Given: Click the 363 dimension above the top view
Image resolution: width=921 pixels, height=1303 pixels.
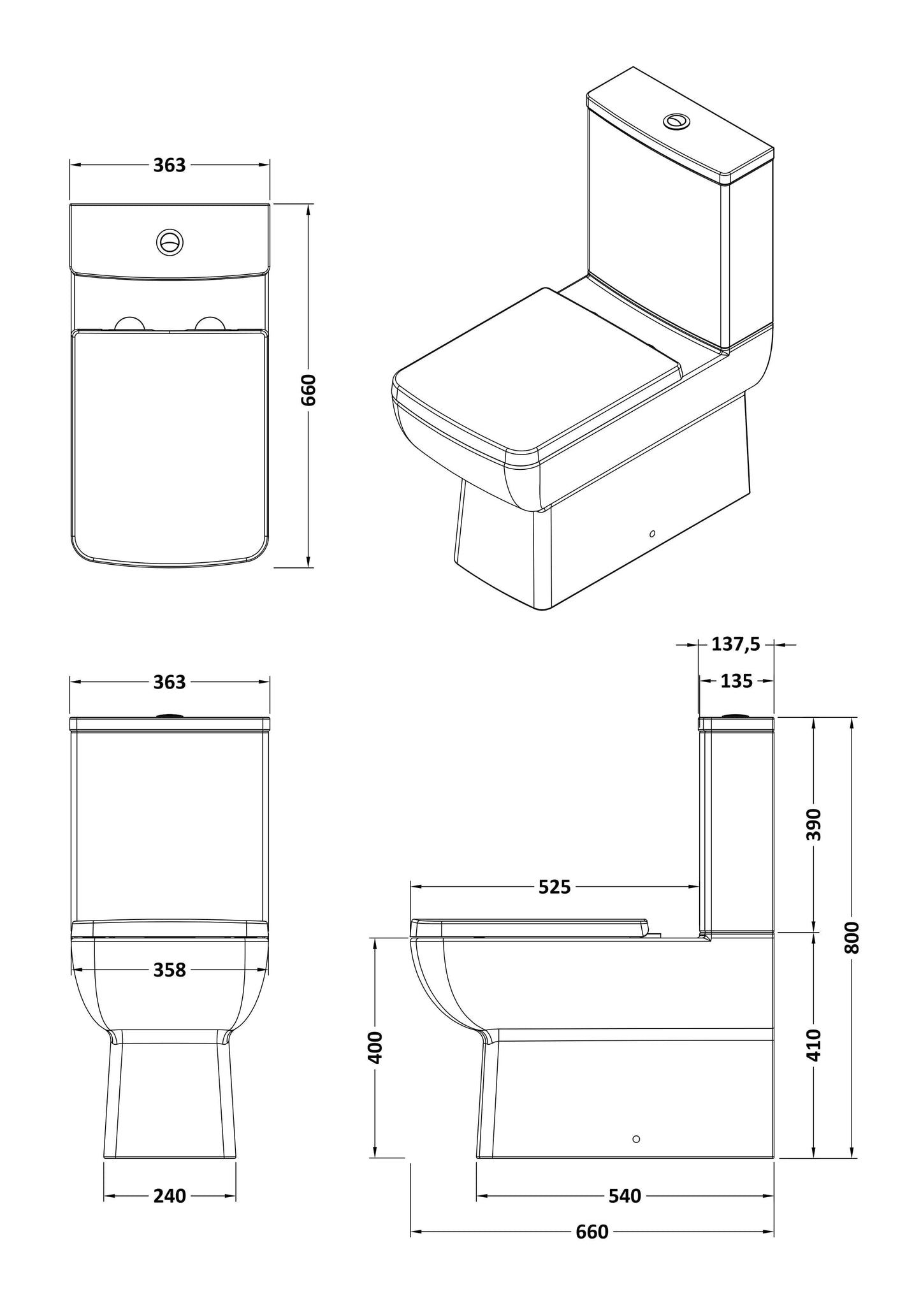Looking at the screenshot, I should pos(170,165).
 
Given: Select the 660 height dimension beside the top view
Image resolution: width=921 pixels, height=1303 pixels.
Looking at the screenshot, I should pos(308,390).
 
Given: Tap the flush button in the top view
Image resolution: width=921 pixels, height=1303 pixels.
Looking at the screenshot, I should pos(170,242).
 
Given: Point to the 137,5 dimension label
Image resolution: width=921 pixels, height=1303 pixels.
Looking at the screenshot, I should pos(736,644).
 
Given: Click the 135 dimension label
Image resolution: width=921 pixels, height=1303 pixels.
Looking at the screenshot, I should pos(736,681).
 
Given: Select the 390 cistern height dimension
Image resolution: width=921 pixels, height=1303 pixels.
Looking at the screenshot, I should pos(814,824).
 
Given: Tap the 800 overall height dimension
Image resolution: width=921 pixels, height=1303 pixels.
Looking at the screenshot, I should pos(853,937).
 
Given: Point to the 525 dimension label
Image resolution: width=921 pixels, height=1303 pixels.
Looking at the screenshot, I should pos(555,887).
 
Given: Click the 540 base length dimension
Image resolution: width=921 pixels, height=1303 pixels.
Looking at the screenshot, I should pos(624,1197).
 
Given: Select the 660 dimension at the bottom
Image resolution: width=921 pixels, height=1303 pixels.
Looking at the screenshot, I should pos(592,1232).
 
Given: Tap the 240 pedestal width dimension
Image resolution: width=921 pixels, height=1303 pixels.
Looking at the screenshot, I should pos(170,1196).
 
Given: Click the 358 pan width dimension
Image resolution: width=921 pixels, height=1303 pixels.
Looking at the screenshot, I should pos(170,970).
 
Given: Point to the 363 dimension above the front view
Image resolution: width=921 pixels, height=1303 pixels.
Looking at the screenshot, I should pos(170,682).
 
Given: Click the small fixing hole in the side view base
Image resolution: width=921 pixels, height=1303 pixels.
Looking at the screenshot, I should pos(635,1139).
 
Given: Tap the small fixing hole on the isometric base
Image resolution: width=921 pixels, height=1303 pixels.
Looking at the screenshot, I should pos(652,533).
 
